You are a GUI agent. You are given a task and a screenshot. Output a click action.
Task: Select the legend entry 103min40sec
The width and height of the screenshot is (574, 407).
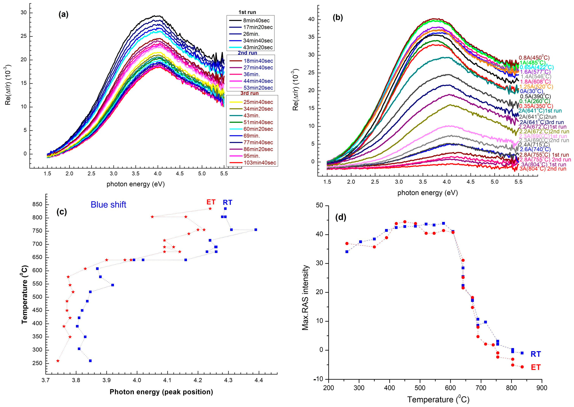pyautogui.click(x=260, y=163)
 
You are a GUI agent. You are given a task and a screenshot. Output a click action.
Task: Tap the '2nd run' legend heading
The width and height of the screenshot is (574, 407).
pyautogui.click(x=247, y=53)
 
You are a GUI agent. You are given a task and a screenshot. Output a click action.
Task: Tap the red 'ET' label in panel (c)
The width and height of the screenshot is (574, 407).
pyautogui.click(x=211, y=202)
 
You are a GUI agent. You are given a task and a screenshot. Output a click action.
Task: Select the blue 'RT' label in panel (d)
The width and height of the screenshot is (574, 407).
pyautogui.click(x=536, y=354)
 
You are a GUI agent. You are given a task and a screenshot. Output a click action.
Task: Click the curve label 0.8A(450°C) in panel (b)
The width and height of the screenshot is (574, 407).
pyautogui.click(x=531, y=58)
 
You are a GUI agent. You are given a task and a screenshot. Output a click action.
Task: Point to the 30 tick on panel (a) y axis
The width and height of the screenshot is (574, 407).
pyautogui.click(x=24, y=13)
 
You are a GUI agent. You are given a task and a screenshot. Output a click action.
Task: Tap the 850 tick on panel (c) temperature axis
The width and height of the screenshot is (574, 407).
pyautogui.click(x=37, y=205)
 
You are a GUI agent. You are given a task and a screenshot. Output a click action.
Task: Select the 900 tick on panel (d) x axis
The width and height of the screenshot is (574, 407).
pyautogui.click(x=542, y=388)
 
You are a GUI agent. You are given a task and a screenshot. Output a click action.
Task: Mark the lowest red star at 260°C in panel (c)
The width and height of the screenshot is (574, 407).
pyautogui.click(x=58, y=361)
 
